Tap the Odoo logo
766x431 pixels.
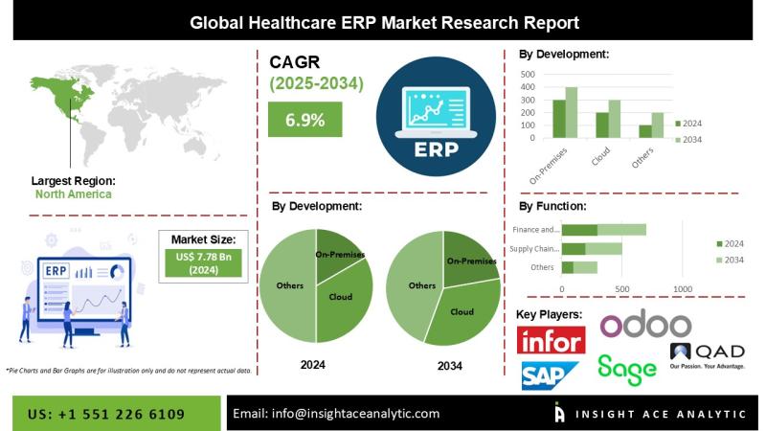(x=644, y=325)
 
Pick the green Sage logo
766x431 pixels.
(x=627, y=368)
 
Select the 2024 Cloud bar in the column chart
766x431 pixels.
(x=602, y=125)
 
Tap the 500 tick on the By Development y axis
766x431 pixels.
(x=527, y=73)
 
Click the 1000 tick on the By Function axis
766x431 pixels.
(x=683, y=288)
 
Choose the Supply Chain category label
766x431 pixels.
(x=535, y=248)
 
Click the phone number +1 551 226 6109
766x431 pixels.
(x=107, y=413)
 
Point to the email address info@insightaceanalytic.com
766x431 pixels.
(x=336, y=413)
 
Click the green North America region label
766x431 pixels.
(x=73, y=193)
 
